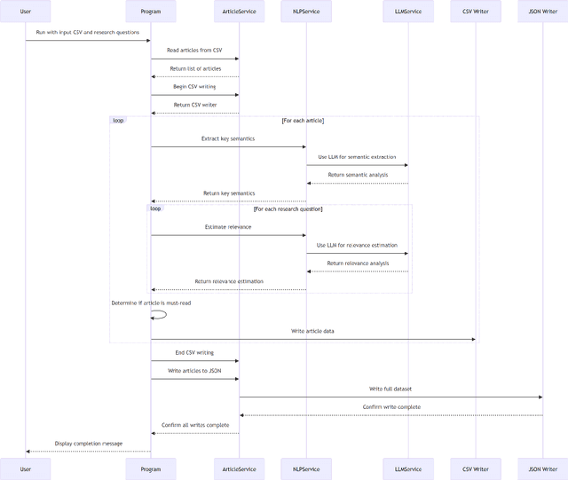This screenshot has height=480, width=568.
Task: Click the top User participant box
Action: (25, 12)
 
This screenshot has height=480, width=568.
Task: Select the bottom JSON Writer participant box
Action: (542, 469)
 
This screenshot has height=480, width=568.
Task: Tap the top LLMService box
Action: (408, 12)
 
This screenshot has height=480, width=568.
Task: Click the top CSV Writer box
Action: (475, 12)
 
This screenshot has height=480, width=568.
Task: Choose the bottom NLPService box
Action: (306, 469)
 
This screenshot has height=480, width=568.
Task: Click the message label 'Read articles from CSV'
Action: (194, 51)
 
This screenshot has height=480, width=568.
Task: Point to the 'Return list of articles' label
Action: (195, 68)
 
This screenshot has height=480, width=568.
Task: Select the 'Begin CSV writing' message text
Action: (194, 86)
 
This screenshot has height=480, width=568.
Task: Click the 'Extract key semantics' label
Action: (228, 138)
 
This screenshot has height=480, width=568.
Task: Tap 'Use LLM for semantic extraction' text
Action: (357, 156)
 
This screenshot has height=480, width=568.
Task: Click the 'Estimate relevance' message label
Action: (228, 227)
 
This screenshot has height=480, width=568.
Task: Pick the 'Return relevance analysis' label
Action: (358, 263)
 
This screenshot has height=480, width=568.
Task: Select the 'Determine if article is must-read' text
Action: (151, 303)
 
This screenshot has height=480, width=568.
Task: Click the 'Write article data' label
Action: (312, 331)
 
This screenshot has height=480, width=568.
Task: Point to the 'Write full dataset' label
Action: (390, 389)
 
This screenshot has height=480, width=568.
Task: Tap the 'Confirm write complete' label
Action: (390, 406)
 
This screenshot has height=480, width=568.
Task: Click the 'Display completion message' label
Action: (89, 443)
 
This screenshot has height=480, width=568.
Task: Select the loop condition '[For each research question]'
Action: (288, 209)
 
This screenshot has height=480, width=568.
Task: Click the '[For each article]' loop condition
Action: (303, 120)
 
